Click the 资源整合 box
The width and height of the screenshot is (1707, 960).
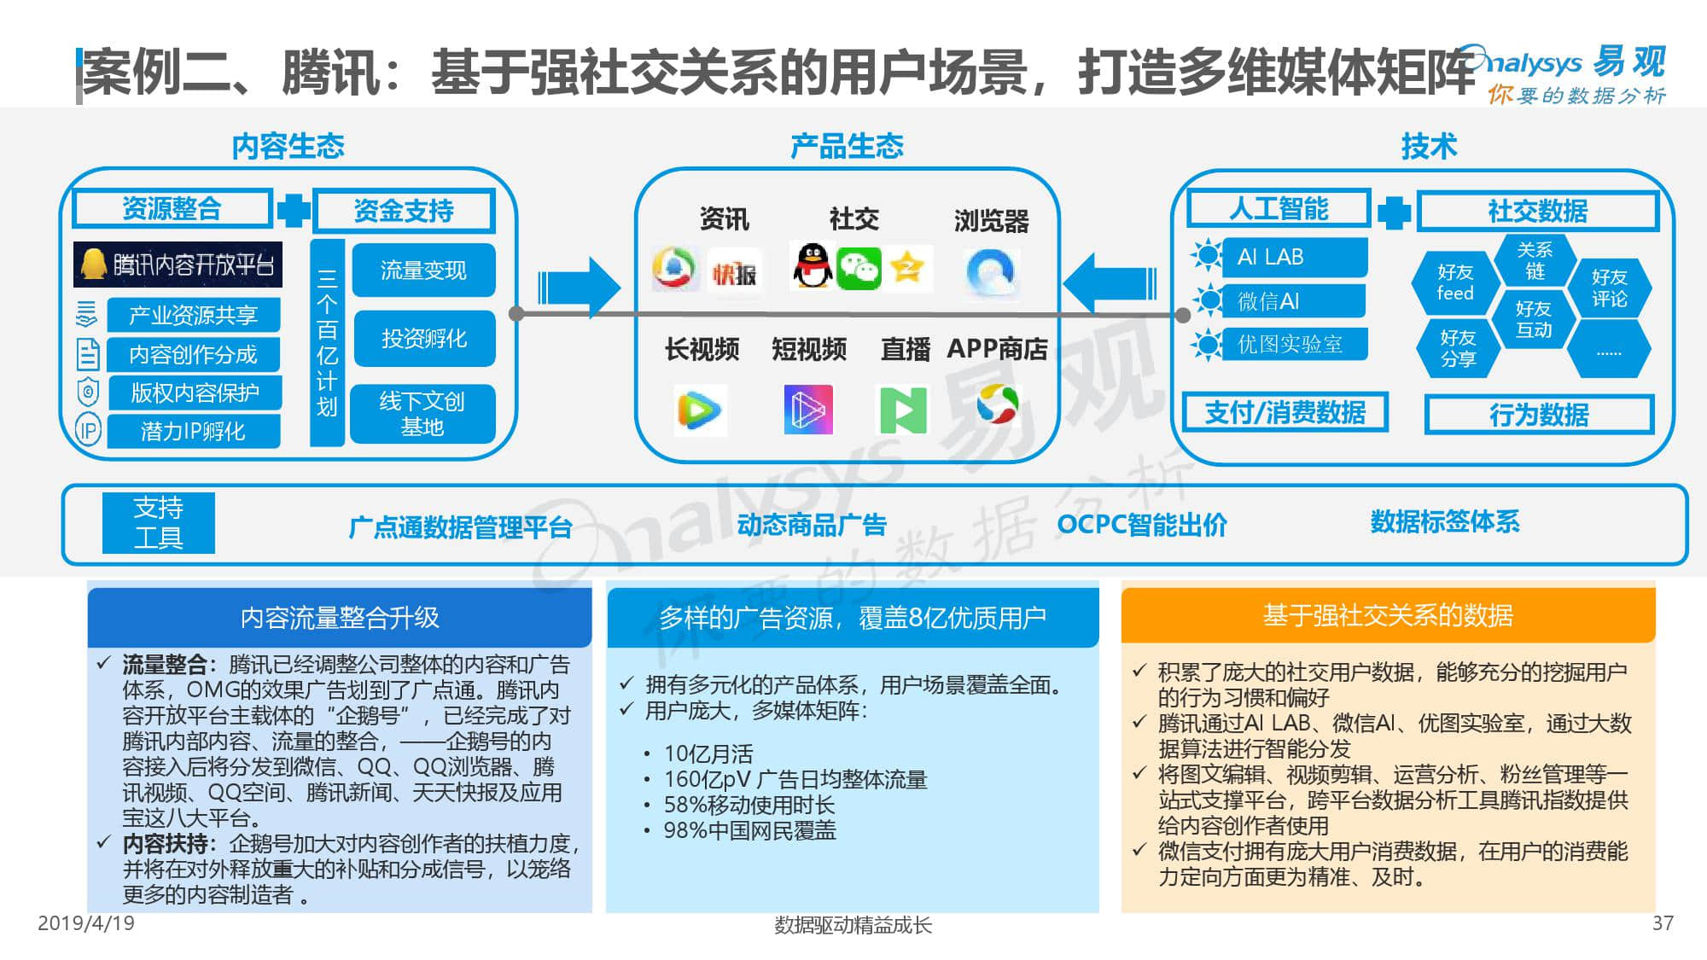(x=172, y=208)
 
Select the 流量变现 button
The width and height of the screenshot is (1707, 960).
(x=423, y=271)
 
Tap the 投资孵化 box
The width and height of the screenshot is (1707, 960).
(x=423, y=339)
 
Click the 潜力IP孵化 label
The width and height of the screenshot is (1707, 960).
(x=193, y=432)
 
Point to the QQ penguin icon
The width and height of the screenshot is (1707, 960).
(x=812, y=266)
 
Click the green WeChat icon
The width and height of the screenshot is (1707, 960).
(x=859, y=269)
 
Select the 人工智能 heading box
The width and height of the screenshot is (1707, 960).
(x=1278, y=209)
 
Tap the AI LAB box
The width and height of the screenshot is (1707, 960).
(x=1293, y=257)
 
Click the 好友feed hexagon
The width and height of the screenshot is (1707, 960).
(x=1455, y=282)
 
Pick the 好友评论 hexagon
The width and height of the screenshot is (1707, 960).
(x=1609, y=288)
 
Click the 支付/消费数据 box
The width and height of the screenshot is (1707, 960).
(x=1285, y=413)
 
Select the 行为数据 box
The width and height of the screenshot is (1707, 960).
(x=1539, y=416)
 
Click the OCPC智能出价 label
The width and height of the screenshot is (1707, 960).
(x=1142, y=524)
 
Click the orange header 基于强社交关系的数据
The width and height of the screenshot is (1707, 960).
(x=1388, y=615)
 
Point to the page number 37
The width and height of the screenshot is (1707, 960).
(x=1663, y=923)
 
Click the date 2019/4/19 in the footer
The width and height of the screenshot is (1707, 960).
(x=86, y=923)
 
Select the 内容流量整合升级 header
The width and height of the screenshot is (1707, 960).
(x=340, y=617)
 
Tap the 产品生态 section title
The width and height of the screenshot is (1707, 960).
(x=847, y=147)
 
